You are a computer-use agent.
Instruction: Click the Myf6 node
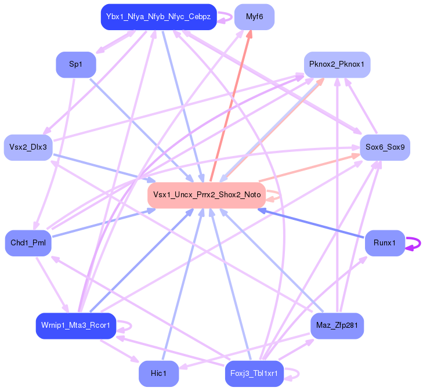(254, 17)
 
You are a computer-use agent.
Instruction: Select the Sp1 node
(75, 64)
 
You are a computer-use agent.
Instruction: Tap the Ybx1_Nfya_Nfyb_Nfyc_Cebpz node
(158, 17)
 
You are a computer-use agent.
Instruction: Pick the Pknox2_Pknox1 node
(337, 64)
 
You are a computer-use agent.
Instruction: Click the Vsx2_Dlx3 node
(28, 147)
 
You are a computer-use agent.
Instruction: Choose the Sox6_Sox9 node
(385, 147)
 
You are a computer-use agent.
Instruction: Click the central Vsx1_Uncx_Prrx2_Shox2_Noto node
(207, 195)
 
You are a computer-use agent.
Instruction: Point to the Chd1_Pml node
(28, 242)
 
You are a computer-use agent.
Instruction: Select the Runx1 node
(385, 242)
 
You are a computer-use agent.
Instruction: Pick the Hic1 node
(158, 374)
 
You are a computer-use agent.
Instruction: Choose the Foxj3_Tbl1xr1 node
(254, 374)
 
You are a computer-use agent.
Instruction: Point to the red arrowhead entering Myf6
(249, 35)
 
